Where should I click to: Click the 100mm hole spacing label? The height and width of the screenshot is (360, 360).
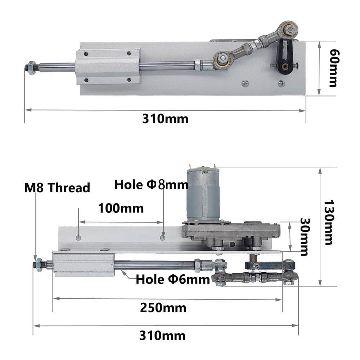pyautogui.click(x=121, y=208)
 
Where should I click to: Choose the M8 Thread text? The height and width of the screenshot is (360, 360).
pyautogui.click(x=57, y=188)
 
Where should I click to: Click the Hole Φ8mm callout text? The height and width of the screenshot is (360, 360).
pyautogui.click(x=151, y=185)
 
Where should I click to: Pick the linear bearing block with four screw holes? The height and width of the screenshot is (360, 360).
pyautogui.click(x=108, y=66)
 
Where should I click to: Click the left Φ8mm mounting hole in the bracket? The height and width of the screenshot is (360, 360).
pyautogui.click(x=78, y=238)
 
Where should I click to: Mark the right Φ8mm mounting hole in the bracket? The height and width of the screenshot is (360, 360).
pyautogui.click(x=163, y=238)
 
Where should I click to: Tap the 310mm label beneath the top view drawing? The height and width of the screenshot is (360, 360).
pyautogui.click(x=165, y=119)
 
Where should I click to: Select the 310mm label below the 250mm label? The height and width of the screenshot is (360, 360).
pyautogui.click(x=162, y=336)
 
